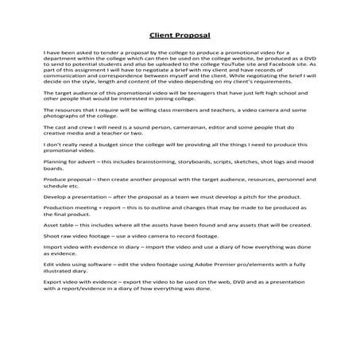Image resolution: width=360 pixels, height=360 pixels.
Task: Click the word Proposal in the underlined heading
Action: tap(194, 35)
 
